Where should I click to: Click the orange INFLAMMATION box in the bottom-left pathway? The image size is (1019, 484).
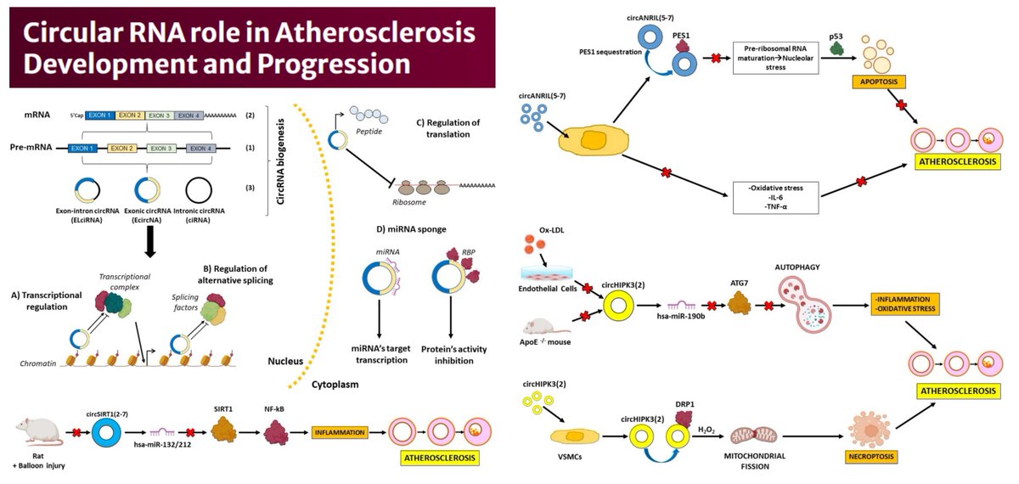[x=339, y=432]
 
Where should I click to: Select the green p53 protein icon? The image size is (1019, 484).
[x=836, y=50]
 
